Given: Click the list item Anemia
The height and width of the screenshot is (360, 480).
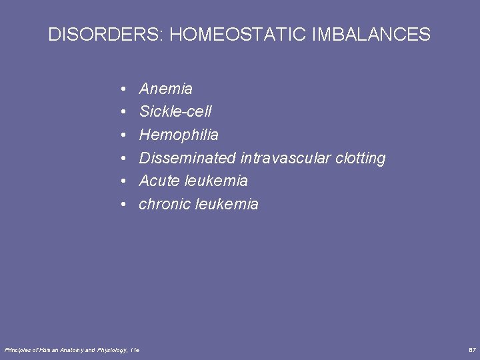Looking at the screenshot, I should [x=165, y=89].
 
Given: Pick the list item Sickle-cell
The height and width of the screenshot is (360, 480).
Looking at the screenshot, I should [x=175, y=112].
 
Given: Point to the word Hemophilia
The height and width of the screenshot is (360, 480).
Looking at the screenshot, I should [x=178, y=135].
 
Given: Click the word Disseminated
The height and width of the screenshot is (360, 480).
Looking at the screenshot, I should [x=187, y=158].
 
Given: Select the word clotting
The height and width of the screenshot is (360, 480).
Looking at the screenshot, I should [x=361, y=159].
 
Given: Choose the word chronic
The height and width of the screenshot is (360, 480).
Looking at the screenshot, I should [x=165, y=204].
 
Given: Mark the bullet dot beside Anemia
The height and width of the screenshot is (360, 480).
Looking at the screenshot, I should [x=125, y=89].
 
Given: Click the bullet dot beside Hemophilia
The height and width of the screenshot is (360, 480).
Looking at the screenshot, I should [x=125, y=135].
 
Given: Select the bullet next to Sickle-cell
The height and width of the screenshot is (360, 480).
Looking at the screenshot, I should [x=125, y=112].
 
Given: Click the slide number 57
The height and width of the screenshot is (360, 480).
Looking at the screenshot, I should [x=472, y=350].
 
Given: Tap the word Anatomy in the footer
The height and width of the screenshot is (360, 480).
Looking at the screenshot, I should [x=66, y=350].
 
